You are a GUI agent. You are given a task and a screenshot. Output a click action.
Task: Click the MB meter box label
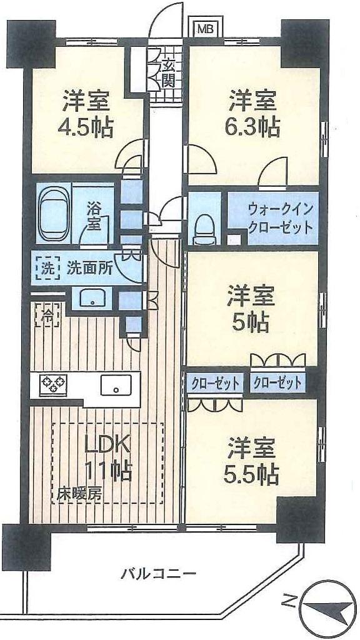click(204, 28)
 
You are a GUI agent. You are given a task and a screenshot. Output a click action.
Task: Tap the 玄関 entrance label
click(169, 72)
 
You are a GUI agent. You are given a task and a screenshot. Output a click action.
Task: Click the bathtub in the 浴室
click(54, 213)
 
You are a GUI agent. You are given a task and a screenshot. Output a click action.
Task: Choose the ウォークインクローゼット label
click(279, 217)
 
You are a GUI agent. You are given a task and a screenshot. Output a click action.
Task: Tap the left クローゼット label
click(214, 382)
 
